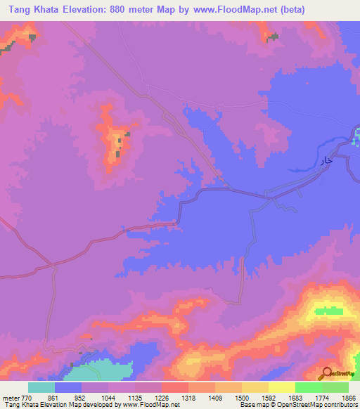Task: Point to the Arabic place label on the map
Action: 325,162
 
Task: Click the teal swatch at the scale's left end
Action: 41,387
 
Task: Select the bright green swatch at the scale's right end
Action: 335,387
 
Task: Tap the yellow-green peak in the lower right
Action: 329,310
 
